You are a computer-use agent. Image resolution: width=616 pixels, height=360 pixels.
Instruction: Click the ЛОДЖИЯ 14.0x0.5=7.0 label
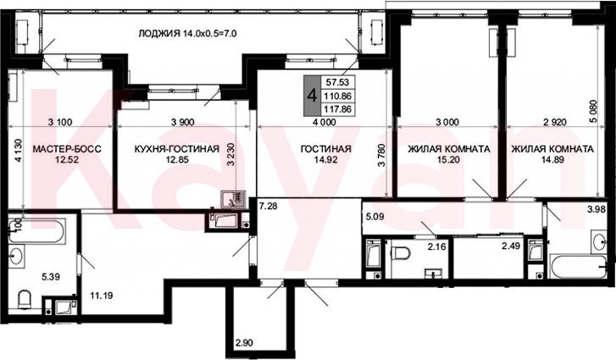pos(187,33)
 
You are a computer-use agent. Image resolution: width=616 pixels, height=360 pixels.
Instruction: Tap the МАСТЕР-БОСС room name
pos(67,149)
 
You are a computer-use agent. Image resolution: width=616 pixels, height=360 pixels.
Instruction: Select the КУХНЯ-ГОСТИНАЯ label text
pos(177,149)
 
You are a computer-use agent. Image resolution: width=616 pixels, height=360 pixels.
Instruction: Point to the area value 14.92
pos(326,159)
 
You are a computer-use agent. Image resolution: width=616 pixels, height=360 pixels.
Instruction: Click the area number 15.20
pos(448,159)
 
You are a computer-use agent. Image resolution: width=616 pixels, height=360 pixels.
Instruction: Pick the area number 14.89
pos(552,159)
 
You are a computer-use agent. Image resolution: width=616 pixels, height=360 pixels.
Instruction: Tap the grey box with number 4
pos(313,96)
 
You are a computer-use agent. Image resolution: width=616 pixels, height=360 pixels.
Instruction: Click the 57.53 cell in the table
pos(338,82)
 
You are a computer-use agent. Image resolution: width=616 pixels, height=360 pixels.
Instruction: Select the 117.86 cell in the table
pos(338,108)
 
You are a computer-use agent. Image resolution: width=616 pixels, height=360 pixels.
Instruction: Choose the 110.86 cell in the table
pos(338,96)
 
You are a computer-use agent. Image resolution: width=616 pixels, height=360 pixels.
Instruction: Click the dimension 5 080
pos(594,112)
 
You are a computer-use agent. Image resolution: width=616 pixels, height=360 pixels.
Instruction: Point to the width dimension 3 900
pos(183,122)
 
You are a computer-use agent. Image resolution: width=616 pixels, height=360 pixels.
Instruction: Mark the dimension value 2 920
pos(555,122)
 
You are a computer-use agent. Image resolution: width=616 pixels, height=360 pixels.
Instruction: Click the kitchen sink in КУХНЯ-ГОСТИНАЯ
pos(233,199)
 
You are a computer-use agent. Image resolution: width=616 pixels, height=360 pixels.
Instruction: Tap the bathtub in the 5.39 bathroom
pos(37,231)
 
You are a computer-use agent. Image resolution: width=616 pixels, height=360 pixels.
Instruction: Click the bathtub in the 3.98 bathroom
pos(579,267)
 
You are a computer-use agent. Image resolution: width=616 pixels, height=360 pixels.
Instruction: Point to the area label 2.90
pos(243,343)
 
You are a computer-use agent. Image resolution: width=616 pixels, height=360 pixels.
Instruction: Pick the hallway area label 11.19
pos(101,296)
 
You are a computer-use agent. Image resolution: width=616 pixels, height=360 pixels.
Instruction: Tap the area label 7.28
pos(268,205)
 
